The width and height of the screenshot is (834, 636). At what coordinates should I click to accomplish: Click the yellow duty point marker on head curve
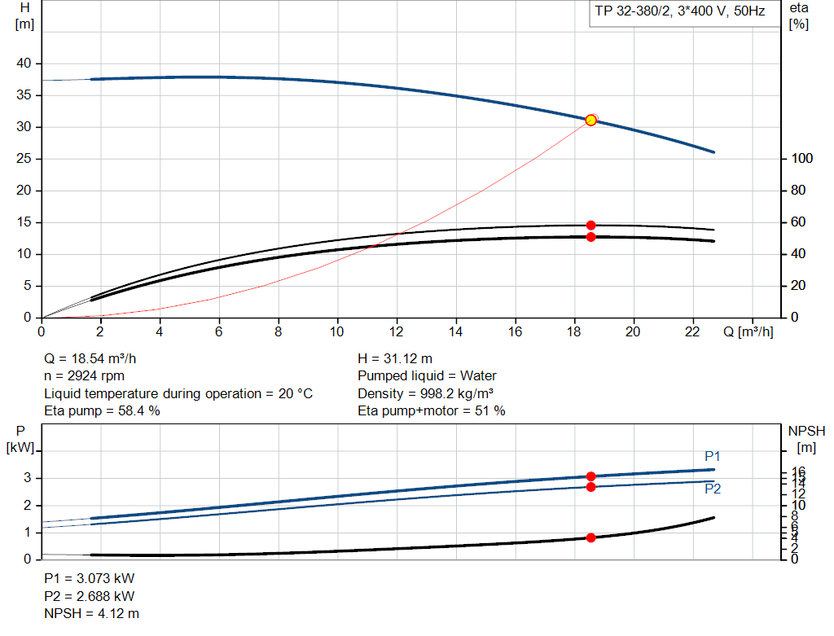[x=591, y=120]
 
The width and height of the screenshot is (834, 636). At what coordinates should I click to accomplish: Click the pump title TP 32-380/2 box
[x=680, y=13]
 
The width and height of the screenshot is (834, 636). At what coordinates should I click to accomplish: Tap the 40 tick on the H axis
[x=24, y=64]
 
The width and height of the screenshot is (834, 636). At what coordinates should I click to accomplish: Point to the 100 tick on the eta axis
[x=802, y=158]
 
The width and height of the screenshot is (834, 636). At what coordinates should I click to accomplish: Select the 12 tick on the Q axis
[x=397, y=331]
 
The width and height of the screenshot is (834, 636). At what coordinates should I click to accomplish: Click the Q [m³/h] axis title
[x=747, y=331]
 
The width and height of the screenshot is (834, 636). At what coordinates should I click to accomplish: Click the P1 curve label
[x=713, y=456]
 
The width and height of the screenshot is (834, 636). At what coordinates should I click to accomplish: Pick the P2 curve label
[x=713, y=489]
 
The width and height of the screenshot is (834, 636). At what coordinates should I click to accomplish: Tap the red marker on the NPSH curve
[x=591, y=537]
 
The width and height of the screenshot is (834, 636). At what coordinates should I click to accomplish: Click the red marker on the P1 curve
[x=591, y=476]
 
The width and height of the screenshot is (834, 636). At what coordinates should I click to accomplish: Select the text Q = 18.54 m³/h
[x=96, y=358]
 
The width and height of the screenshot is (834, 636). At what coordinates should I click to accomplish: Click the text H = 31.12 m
[x=395, y=358]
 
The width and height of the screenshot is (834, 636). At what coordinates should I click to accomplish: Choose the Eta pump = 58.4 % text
[x=102, y=411]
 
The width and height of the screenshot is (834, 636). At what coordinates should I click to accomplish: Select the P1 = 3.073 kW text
[x=89, y=578]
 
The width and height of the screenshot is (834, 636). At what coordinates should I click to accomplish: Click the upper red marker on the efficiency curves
[x=591, y=225]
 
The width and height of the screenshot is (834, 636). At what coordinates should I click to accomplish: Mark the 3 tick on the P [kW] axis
[x=28, y=478]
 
